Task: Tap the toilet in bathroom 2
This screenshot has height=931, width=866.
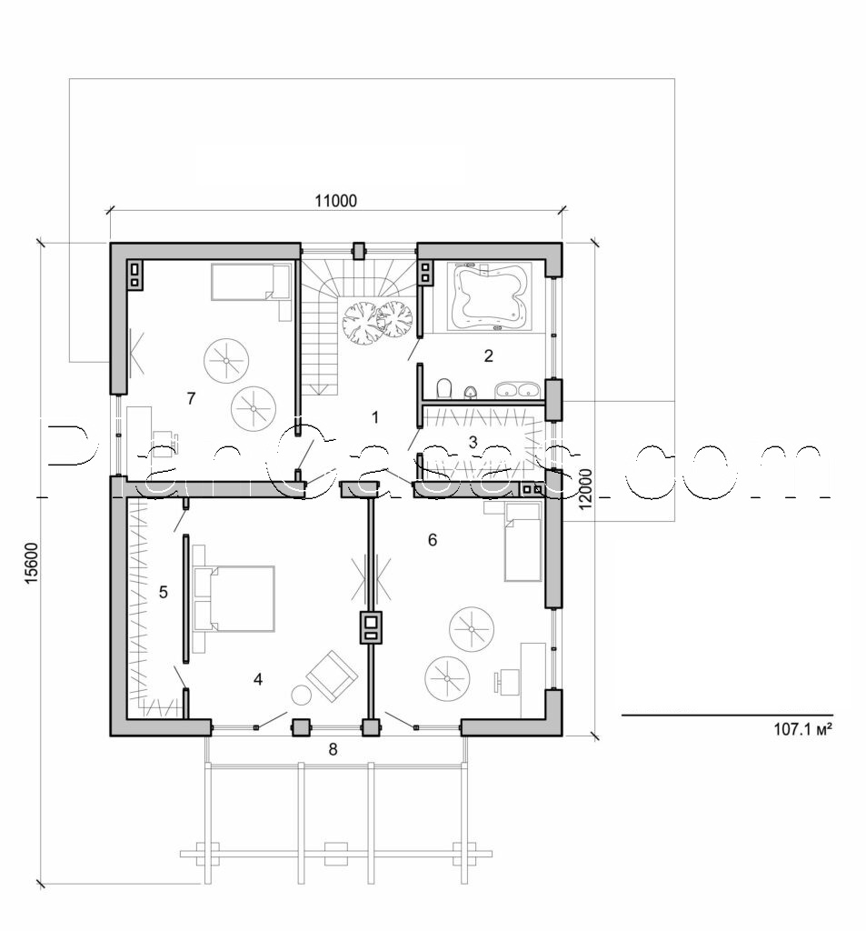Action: tap(443, 390)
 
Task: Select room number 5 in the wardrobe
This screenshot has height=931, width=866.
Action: tap(164, 593)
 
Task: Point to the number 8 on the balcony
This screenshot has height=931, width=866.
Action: tap(333, 749)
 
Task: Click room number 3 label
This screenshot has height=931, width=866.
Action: tap(472, 443)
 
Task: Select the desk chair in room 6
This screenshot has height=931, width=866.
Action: tap(501, 679)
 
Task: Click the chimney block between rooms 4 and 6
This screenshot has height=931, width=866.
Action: tap(372, 626)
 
